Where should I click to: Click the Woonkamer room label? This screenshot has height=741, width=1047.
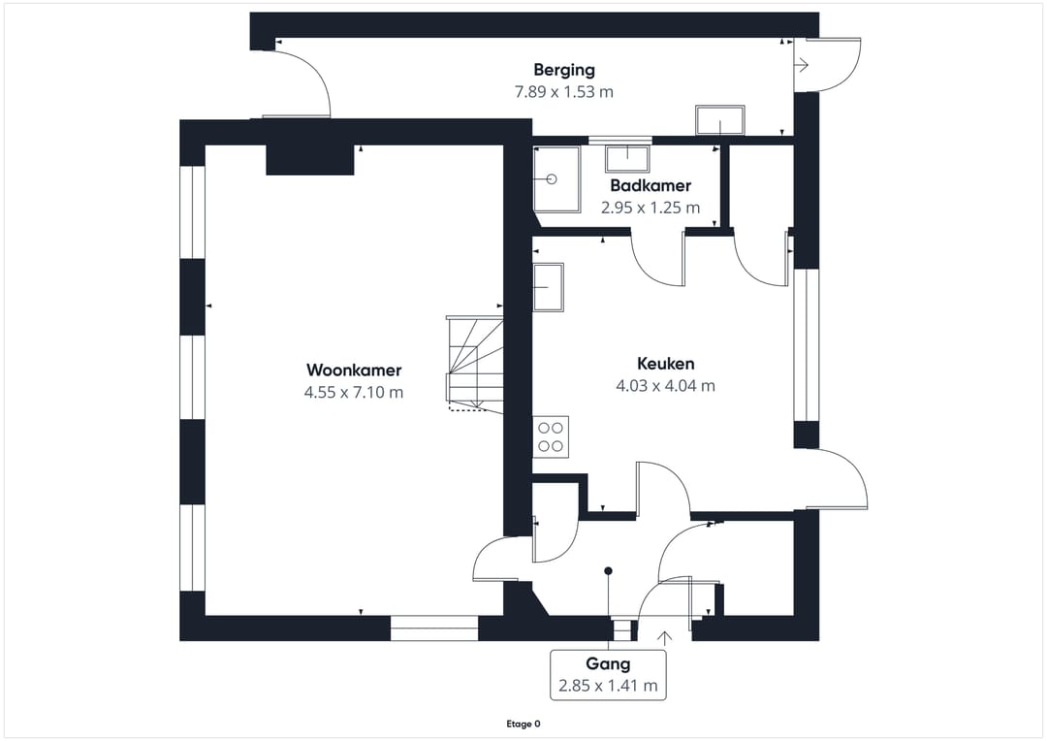(353, 370)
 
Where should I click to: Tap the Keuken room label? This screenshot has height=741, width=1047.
(665, 364)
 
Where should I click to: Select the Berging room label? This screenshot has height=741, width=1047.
(563, 70)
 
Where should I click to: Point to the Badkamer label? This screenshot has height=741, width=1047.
(650, 185)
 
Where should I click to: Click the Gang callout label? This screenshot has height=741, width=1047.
(608, 663)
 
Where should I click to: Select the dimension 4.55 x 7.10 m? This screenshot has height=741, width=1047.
(353, 392)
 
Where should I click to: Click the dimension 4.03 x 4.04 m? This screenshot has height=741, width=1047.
(665, 385)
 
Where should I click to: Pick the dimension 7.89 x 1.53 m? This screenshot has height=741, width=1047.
(563, 92)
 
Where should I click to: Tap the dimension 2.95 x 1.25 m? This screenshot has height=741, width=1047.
(650, 208)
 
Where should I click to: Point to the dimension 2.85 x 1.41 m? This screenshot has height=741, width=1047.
(608, 686)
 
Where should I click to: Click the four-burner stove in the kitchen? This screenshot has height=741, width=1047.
(551, 436)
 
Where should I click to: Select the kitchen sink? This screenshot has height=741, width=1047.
(549, 287)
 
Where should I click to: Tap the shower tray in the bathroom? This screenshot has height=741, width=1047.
(556, 179)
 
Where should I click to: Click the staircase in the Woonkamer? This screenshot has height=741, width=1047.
(474, 361)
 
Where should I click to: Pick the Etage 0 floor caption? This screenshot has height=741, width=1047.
(523, 724)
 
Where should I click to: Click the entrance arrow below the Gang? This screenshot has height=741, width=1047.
(665, 637)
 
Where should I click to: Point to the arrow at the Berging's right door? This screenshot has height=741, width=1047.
(802, 65)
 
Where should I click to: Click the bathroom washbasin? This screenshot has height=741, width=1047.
(628, 157)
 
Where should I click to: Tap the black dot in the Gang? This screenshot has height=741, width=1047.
(608, 570)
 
